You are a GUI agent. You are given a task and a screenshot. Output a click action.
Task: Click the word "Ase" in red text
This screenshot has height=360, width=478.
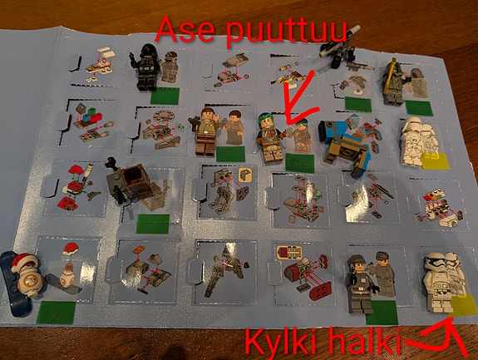click(x=187, y=32)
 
